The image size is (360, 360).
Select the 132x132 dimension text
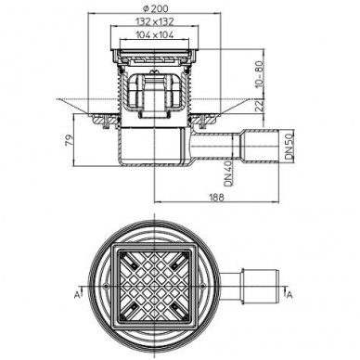155,21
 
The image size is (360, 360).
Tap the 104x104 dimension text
155,35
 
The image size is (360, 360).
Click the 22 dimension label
260,106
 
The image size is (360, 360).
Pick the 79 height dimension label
71,140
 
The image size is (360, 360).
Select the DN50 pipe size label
289,147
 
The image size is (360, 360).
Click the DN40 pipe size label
228,174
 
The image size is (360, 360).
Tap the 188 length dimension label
217,198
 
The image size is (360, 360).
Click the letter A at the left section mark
76,295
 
